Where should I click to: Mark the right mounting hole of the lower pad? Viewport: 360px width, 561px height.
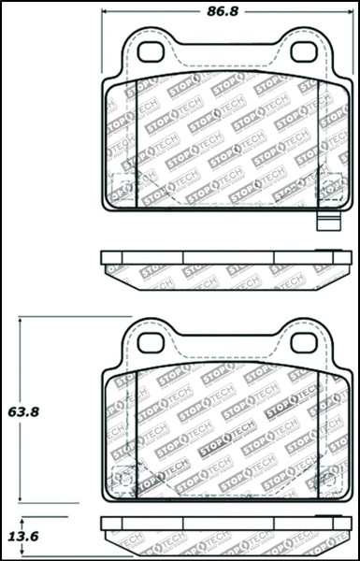pos(302,343)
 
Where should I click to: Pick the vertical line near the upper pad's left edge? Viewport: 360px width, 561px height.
pos(137,140)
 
